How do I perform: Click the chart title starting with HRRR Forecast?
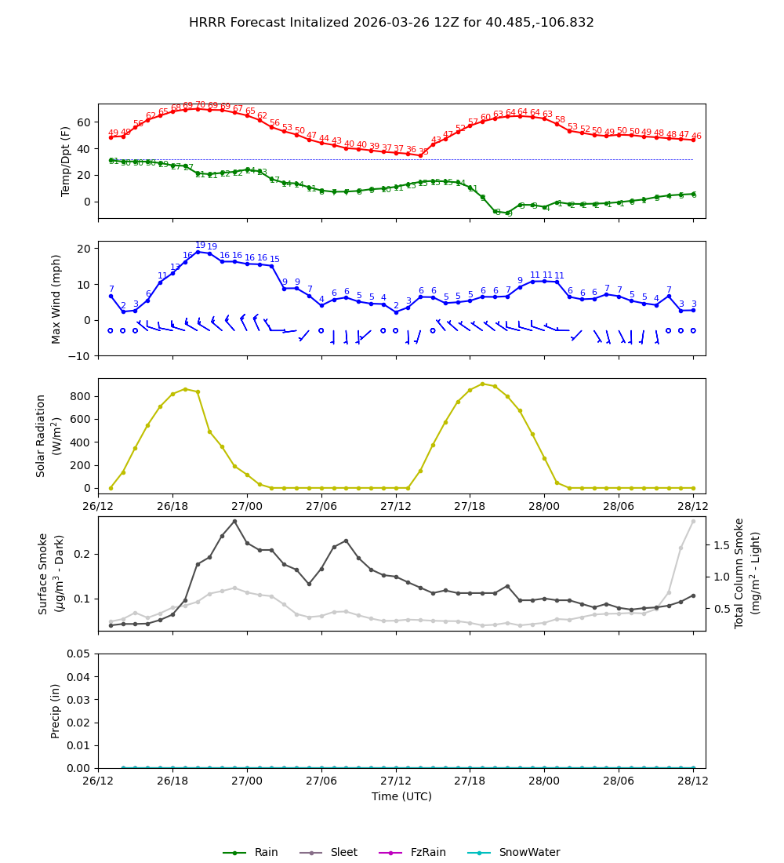[x=391, y=23]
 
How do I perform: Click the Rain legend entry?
[x=251, y=853]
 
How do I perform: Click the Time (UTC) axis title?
[x=401, y=796]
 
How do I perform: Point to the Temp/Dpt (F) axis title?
[x=67, y=161]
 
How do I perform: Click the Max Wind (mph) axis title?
[x=56, y=298]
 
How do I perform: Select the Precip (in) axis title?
[x=56, y=711]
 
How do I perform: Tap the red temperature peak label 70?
[x=200, y=105]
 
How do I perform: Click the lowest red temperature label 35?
[x=423, y=152]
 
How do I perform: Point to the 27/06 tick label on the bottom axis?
[x=321, y=781]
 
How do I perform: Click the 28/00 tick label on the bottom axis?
[x=544, y=781]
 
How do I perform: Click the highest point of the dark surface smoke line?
[x=234, y=521]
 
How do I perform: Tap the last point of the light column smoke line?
[x=693, y=522]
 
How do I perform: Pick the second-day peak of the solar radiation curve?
[x=482, y=384]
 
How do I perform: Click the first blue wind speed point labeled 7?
[x=111, y=296]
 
